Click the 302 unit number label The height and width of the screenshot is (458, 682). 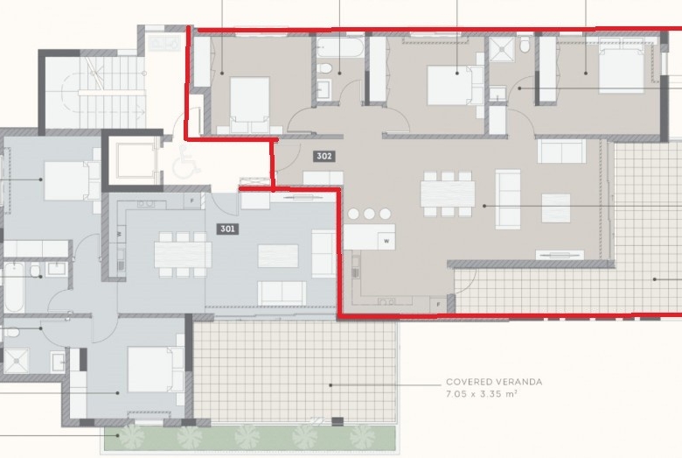pyautogui.click(x=324, y=156)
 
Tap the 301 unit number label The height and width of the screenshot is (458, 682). pyautogui.click(x=228, y=229)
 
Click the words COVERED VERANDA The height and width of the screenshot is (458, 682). pyautogui.click(x=494, y=382)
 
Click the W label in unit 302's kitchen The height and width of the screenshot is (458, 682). pyautogui.click(x=386, y=241)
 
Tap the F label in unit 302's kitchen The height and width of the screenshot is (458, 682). pyautogui.click(x=438, y=304)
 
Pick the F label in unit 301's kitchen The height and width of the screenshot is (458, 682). pyautogui.click(x=191, y=201)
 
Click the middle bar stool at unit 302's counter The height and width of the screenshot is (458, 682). pyautogui.click(x=369, y=214)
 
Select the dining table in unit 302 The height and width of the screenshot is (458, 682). pyautogui.click(x=448, y=194)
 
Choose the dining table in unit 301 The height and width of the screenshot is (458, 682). pyautogui.click(x=183, y=255)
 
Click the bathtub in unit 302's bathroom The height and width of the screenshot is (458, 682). pyautogui.click(x=340, y=47)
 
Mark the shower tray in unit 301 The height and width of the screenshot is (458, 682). pyautogui.click(x=16, y=361)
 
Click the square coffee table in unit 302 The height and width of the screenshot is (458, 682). pyautogui.click(x=556, y=208)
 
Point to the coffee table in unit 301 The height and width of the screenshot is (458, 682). pyautogui.click(x=278, y=256)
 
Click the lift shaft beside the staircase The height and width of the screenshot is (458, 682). pyautogui.click(x=132, y=160)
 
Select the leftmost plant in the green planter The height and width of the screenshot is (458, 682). pyautogui.click(x=131, y=437)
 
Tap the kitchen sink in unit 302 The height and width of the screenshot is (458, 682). pyautogui.click(x=386, y=301)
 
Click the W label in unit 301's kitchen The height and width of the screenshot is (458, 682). pyautogui.click(x=119, y=234)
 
